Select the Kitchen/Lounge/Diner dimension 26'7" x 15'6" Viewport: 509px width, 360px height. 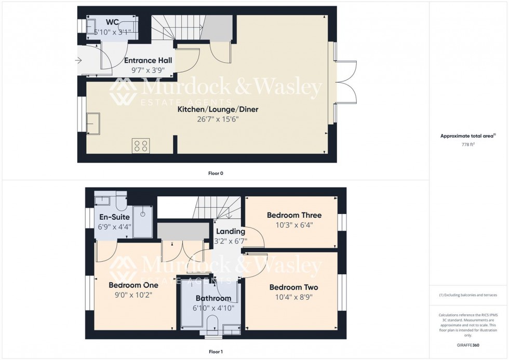(218, 119)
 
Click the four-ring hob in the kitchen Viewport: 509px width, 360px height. (140, 145)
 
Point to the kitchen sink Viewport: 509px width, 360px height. (95, 123)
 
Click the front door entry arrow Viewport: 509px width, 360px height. (78, 61)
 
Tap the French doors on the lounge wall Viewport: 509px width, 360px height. (346, 82)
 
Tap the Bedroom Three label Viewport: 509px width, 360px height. (294, 215)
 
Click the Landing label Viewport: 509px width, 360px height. (231, 232)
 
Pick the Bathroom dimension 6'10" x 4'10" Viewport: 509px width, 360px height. (213, 308)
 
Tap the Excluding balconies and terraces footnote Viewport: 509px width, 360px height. (468, 295)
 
